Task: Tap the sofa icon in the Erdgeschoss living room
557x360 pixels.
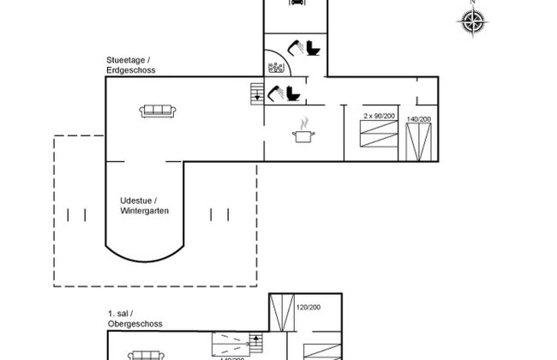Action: tap(159, 110)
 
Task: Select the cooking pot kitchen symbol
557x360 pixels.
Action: tap(302, 133)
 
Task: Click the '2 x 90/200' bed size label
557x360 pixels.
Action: tap(380, 115)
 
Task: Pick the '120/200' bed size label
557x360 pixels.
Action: tap(307, 307)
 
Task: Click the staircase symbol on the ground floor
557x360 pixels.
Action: tap(256, 93)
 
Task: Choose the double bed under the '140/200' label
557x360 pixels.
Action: tap(419, 142)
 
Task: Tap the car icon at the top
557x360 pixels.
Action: tap(295, 3)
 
